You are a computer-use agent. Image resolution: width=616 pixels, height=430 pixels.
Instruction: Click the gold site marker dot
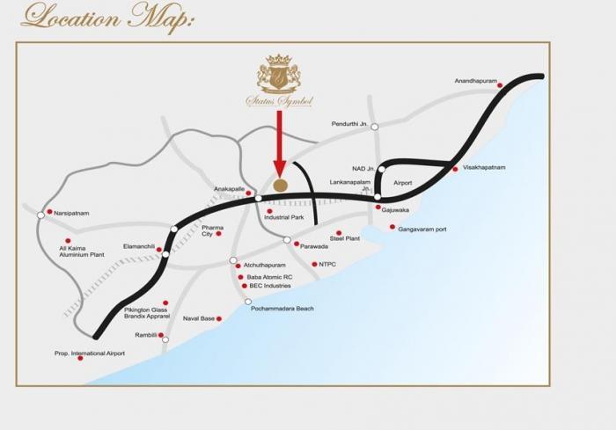click(280, 185)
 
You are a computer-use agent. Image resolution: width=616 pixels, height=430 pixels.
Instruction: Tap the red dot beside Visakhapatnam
click(455, 169)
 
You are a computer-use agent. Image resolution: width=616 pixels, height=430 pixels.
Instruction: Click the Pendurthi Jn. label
click(349, 124)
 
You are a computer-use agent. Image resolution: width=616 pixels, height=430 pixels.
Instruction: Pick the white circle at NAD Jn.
click(382, 169)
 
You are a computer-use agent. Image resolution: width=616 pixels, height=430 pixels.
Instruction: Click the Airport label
click(402, 182)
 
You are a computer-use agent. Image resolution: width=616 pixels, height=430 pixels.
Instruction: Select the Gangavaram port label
click(422, 230)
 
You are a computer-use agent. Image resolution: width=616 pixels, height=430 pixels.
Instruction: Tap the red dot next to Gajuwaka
click(378, 208)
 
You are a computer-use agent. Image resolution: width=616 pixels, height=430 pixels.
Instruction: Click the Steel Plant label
click(345, 238)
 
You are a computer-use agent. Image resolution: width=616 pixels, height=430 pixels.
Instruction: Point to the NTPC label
click(327, 264)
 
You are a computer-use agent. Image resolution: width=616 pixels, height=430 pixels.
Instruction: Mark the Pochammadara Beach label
click(282, 309)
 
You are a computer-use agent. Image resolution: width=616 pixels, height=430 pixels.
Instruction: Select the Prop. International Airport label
click(91, 353)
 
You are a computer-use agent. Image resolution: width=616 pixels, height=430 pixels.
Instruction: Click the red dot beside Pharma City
click(218, 233)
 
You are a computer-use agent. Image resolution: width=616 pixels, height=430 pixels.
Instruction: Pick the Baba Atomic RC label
click(270, 276)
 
